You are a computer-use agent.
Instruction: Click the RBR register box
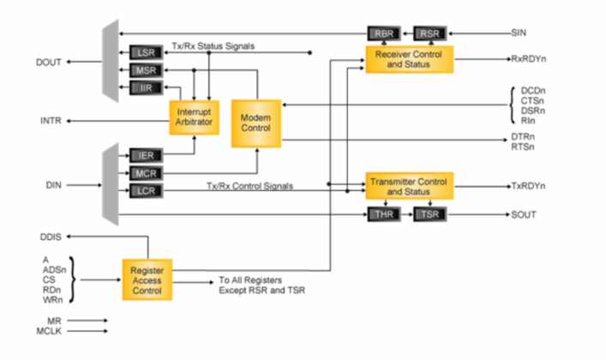point(381,33)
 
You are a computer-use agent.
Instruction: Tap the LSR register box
point(147,53)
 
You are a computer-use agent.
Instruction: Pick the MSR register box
point(147,70)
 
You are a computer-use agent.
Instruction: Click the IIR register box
point(147,87)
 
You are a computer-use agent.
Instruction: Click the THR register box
point(381,214)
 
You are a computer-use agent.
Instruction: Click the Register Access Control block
point(147,279)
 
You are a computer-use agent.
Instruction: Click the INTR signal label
point(51,121)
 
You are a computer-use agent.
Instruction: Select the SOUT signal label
point(523,214)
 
